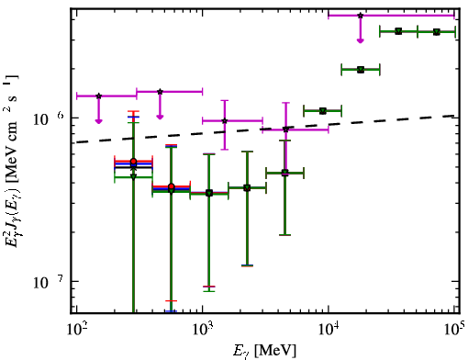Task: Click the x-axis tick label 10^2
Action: pyautogui.click(x=76, y=330)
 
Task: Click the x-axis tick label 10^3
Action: pyautogui.click(x=203, y=330)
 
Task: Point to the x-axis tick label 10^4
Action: pyautogui.click(x=329, y=330)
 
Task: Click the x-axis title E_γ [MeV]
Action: pyautogui.click(x=264, y=351)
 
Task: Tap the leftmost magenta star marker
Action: pyautogui.click(x=98, y=96)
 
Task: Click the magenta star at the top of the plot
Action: pyautogui.click(x=361, y=16)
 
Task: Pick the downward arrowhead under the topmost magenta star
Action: pyautogui.click(x=361, y=40)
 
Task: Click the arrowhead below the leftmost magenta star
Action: pyautogui.click(x=98, y=121)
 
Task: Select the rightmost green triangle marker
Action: pyautogui.click(x=437, y=32)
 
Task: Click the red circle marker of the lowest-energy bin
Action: pyautogui.click(x=133, y=162)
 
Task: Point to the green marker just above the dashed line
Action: pyautogui.click(x=323, y=111)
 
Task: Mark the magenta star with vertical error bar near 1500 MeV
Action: pyautogui.click(x=225, y=120)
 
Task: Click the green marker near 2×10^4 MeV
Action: pyautogui.click(x=361, y=70)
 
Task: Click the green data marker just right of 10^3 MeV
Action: pyautogui.click(x=209, y=193)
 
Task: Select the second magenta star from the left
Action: pyautogui.click(x=160, y=92)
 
